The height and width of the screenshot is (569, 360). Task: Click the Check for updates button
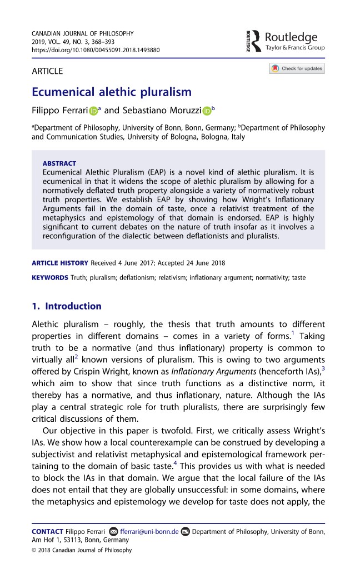(x=297, y=69)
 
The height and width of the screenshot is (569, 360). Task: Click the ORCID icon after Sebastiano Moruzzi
(x=207, y=112)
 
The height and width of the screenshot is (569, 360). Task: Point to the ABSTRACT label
(x=59, y=164)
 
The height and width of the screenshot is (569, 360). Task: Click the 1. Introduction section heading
(x=66, y=306)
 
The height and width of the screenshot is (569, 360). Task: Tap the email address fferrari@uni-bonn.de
(x=149, y=531)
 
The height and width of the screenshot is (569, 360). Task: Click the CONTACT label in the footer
(x=47, y=531)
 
